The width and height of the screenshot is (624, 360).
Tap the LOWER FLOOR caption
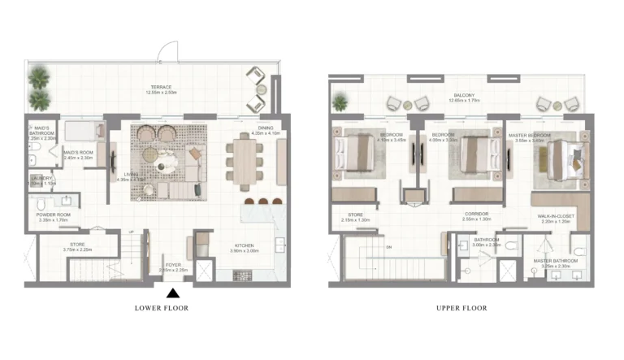coord(162,309)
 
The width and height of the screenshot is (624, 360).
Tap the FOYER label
coord(172,265)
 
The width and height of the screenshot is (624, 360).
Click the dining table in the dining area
coord(245,163)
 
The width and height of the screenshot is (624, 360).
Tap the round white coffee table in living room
coord(168,167)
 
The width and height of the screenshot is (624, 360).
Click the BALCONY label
coord(464,95)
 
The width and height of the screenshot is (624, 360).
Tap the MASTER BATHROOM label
coord(551,262)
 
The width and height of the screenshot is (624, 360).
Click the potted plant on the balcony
coord(340,102)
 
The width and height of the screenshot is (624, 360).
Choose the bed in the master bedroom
coord(561,155)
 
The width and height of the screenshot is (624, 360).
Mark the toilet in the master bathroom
coord(578,250)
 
